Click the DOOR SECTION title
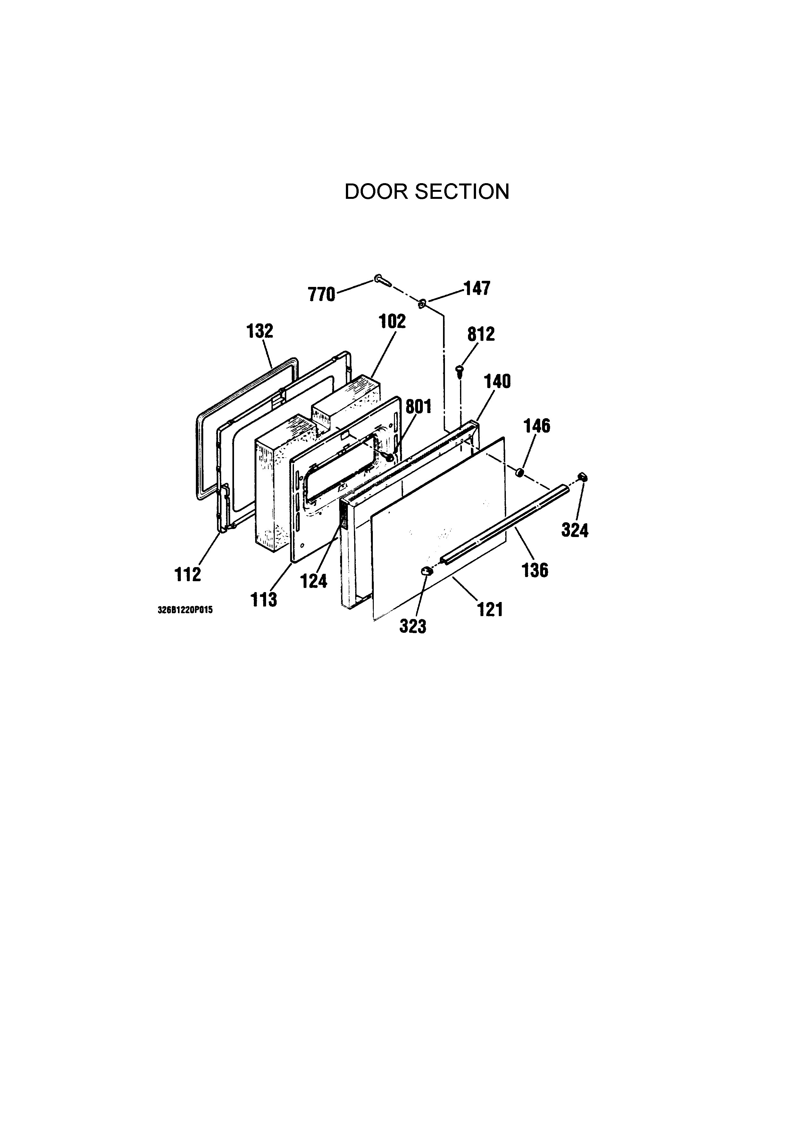(427, 192)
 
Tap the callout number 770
(321, 295)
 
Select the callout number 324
(575, 530)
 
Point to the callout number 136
(535, 570)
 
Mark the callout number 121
(490, 609)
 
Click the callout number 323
(413, 626)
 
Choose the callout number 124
(313, 581)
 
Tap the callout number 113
(264, 599)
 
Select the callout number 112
(188, 574)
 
